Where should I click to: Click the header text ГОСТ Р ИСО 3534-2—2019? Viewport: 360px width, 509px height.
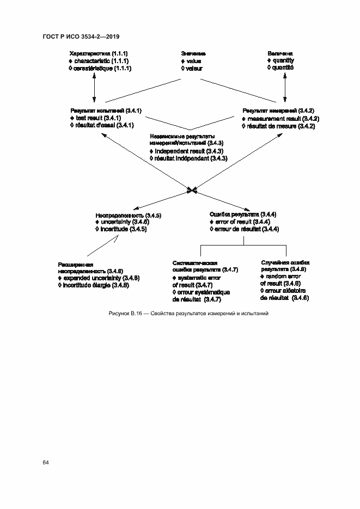[x=81, y=36]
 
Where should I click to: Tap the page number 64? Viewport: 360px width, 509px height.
[x=46, y=462]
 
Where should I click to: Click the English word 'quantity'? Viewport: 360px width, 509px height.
[x=283, y=60]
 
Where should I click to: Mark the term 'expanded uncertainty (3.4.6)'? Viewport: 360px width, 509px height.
[x=101, y=278]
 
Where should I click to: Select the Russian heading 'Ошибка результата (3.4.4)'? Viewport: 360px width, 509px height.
[x=243, y=214]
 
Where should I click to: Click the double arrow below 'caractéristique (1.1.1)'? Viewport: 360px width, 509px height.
[x=95, y=88]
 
